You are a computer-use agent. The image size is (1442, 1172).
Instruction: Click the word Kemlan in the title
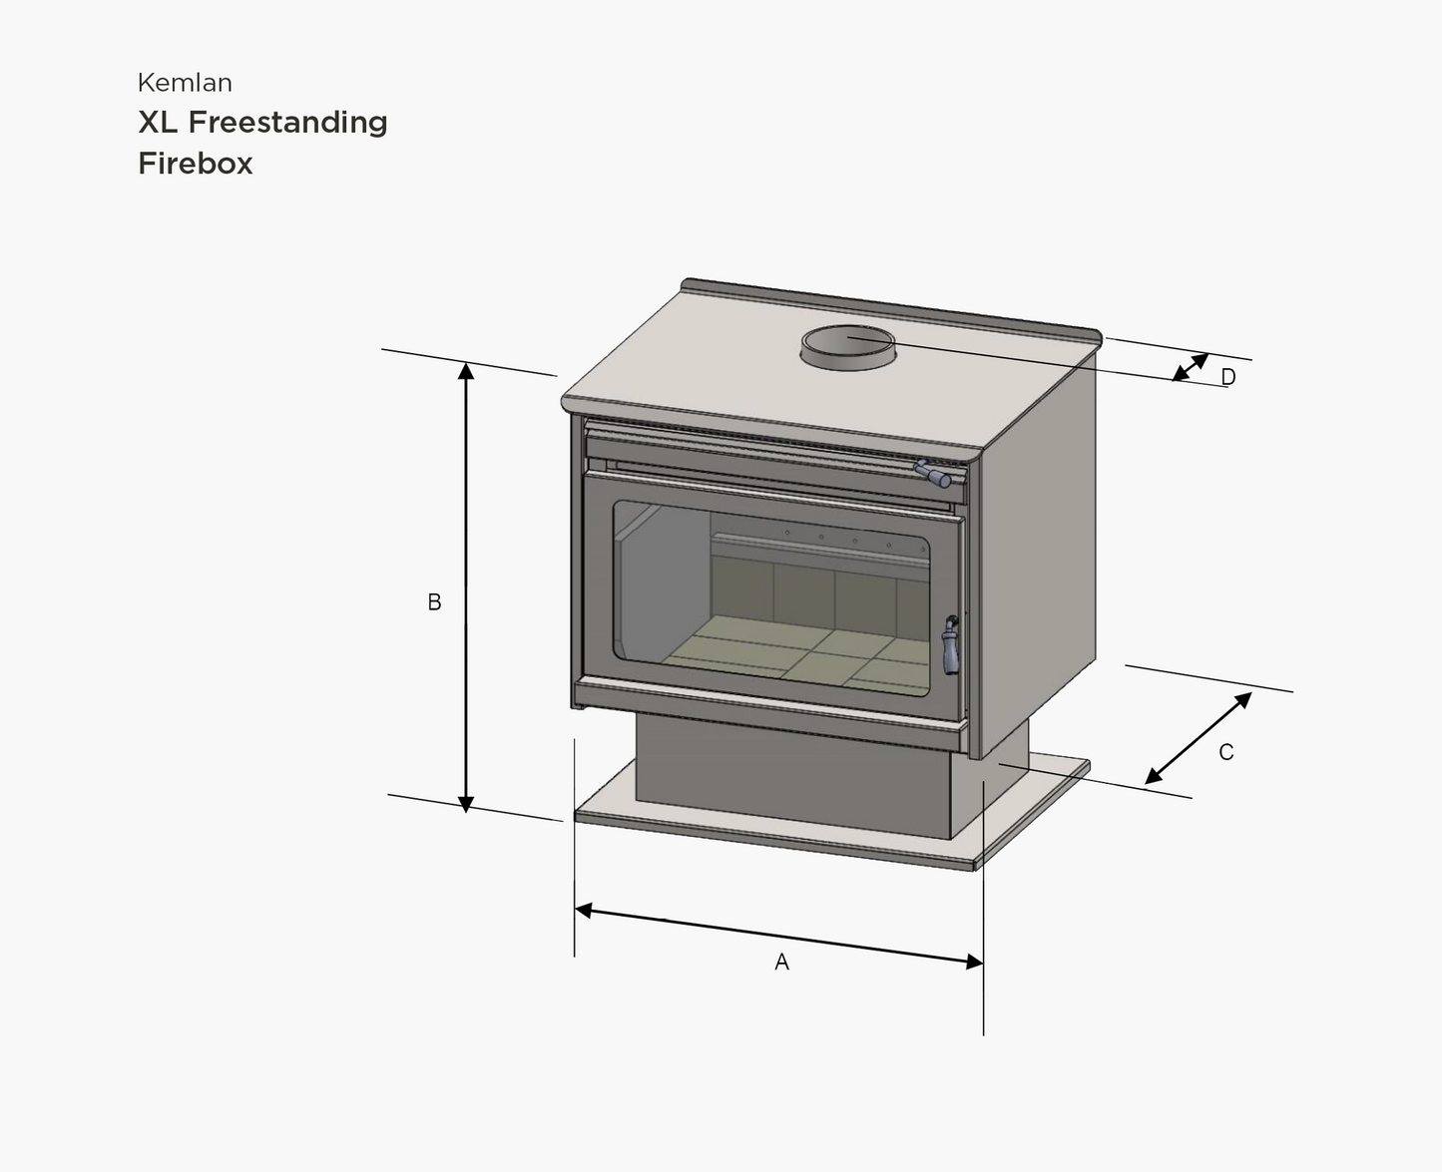point(185,83)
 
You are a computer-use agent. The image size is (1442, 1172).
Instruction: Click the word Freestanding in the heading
point(287,122)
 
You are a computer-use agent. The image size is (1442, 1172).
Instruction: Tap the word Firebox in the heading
point(196,164)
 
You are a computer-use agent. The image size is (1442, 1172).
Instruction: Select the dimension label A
point(781,962)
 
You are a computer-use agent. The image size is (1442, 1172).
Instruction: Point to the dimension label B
point(434,602)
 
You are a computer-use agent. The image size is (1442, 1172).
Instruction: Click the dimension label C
point(1226,753)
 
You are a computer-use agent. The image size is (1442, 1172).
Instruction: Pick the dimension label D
point(1228,377)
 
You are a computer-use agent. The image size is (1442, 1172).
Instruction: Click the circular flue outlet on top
point(848,345)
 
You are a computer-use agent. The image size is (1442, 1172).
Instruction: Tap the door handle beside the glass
point(951,645)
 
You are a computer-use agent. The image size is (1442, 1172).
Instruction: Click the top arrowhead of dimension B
point(466,371)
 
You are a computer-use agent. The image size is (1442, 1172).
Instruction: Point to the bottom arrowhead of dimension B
point(466,803)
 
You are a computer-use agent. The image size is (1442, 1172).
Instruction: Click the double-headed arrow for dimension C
point(1198,738)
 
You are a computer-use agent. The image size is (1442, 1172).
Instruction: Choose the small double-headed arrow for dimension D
point(1190,367)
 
